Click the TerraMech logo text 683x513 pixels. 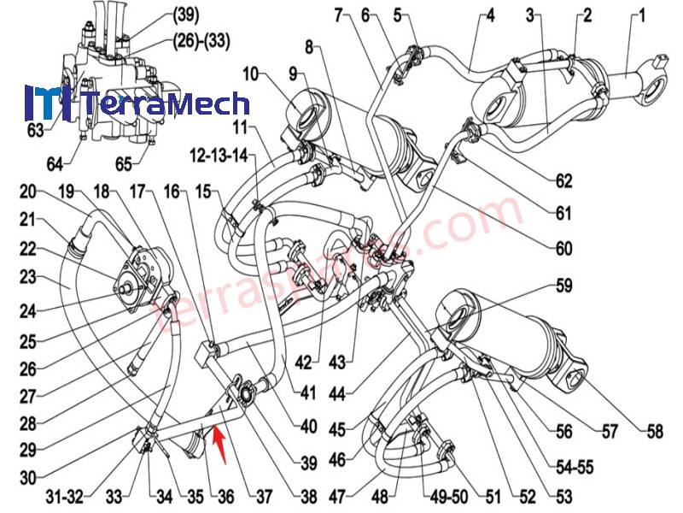(x=166, y=103)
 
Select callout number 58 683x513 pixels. (x=655, y=432)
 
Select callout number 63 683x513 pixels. (x=35, y=130)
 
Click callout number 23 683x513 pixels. (x=26, y=276)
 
